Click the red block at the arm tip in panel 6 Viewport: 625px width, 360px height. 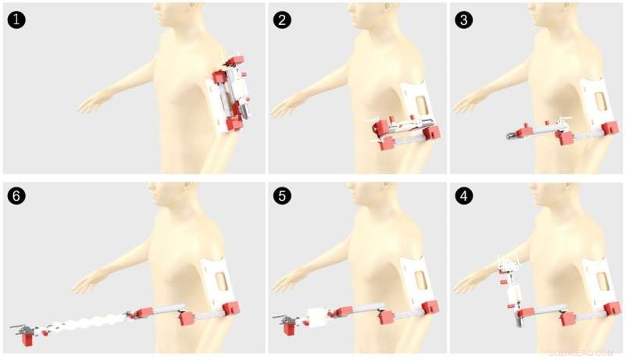[x=28, y=339]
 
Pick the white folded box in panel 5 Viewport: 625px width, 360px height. [x=321, y=316]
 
